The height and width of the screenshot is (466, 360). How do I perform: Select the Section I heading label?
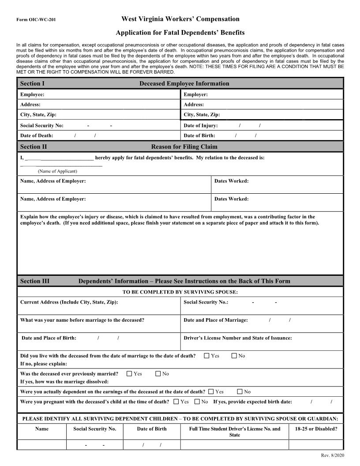(x=32, y=83)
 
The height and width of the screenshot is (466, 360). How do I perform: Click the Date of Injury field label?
(x=201, y=126)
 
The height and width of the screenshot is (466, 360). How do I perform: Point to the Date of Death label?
(x=37, y=136)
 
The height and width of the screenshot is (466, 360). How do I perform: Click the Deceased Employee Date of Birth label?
(x=199, y=136)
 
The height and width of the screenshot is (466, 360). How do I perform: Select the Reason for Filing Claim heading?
(x=184, y=147)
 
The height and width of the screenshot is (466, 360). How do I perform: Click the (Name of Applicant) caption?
(x=57, y=171)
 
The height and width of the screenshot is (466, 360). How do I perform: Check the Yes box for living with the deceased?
(x=207, y=356)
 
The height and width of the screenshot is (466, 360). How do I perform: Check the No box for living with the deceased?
(x=234, y=356)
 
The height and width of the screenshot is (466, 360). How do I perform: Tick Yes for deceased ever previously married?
(x=129, y=374)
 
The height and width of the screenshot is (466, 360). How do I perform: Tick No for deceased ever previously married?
(x=158, y=374)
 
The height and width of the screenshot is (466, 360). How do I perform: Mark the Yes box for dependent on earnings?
(x=211, y=391)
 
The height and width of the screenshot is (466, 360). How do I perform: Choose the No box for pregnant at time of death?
(x=197, y=402)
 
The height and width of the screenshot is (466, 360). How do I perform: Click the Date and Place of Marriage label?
(x=216, y=320)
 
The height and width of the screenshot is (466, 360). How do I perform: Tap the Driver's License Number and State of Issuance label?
(x=237, y=338)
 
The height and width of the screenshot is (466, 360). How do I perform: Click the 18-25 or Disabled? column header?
(x=315, y=429)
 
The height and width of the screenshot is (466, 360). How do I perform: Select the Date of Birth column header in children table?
(x=152, y=429)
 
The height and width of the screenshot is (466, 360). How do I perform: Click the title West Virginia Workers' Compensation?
(x=180, y=19)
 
